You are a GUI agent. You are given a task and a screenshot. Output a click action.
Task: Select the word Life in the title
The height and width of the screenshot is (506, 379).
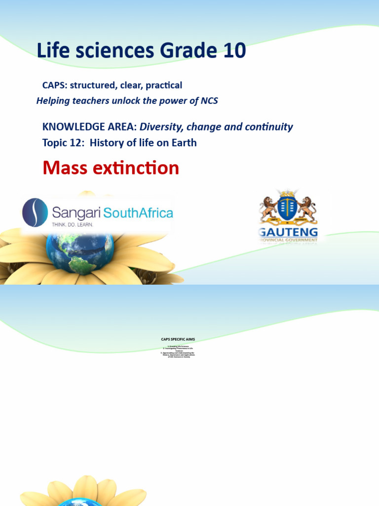(x=53, y=51)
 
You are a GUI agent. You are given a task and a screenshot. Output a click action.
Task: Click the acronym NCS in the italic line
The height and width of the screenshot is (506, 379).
(x=207, y=101)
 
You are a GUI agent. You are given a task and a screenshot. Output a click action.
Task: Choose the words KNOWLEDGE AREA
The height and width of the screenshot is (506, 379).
(x=89, y=127)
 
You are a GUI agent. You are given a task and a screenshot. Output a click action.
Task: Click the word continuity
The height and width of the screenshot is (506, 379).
(x=268, y=127)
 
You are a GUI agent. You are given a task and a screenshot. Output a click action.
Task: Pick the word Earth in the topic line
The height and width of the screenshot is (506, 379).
(x=183, y=143)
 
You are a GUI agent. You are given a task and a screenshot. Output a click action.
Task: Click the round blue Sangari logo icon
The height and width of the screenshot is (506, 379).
(x=35, y=212)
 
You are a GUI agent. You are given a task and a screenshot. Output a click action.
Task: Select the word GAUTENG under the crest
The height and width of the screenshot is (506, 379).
(x=289, y=233)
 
